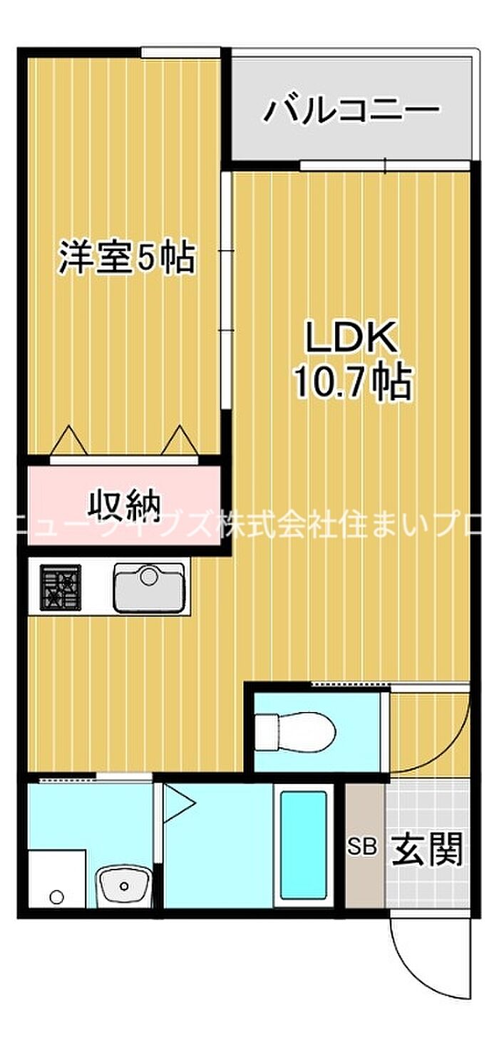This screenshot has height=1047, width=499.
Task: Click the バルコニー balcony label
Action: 352,110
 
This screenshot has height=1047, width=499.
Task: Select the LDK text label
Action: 351,339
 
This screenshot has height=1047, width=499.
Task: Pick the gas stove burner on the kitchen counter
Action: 61,587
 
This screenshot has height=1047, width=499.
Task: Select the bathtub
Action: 303,844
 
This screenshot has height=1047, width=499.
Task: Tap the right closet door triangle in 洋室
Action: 178,439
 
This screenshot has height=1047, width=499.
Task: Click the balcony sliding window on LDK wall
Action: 385,165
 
